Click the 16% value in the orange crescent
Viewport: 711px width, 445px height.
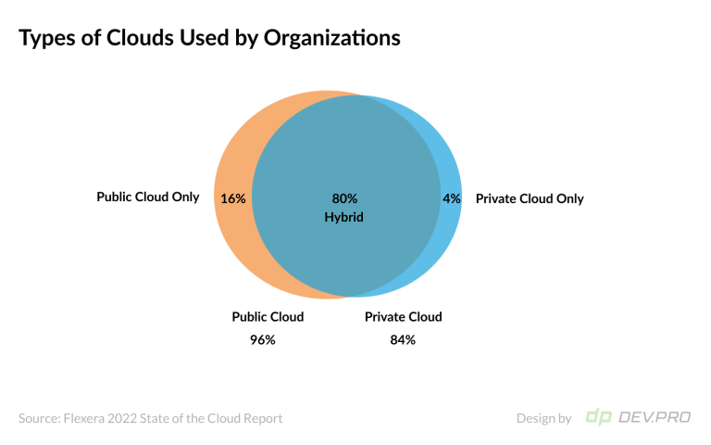[x=232, y=198]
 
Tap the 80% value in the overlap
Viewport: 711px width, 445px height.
[x=344, y=198]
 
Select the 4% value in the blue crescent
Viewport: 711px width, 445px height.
[x=451, y=198]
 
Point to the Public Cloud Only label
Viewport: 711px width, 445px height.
[x=148, y=197]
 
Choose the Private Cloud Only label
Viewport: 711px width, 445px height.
[x=530, y=198]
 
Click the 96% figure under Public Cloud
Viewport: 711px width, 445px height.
[x=263, y=339]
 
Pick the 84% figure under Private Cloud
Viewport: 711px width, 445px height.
[x=403, y=339]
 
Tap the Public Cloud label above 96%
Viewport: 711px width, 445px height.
[x=268, y=317]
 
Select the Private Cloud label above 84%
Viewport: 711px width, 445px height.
[x=403, y=317]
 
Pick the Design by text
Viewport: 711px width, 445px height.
[x=543, y=418]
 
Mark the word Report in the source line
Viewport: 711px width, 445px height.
[x=262, y=418]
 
